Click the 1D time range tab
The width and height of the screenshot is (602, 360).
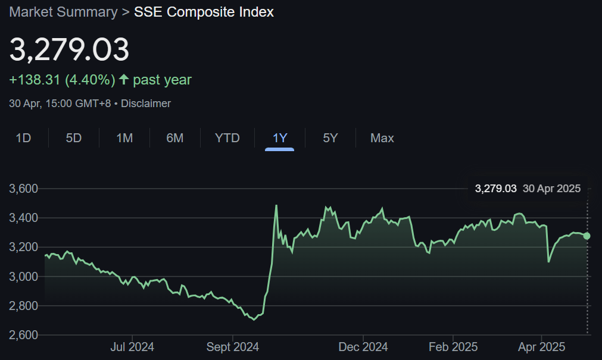point(23,138)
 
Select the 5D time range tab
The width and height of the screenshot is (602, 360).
point(73,138)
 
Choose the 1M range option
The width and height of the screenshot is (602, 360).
point(124,138)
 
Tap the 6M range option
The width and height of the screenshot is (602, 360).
point(174,138)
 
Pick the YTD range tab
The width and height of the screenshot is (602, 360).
point(227,138)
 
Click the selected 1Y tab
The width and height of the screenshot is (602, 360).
point(280,138)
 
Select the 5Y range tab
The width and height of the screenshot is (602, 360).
point(330,138)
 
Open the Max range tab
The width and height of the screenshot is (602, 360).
point(382,138)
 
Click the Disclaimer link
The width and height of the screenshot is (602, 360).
point(146,104)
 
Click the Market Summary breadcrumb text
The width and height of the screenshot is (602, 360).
point(63,12)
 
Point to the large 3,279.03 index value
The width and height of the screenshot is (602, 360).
point(69,50)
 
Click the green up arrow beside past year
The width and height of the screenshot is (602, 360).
point(124,79)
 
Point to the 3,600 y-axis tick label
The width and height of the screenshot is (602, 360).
point(23,189)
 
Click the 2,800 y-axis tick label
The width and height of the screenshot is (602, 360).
point(23,306)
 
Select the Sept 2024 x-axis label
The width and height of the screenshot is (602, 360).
point(233,347)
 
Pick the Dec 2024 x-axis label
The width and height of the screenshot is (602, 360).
point(363,347)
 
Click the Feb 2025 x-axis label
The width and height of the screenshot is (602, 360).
point(453,347)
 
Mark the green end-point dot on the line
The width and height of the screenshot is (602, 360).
point(587,236)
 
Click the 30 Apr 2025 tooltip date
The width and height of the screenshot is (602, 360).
point(551,189)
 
